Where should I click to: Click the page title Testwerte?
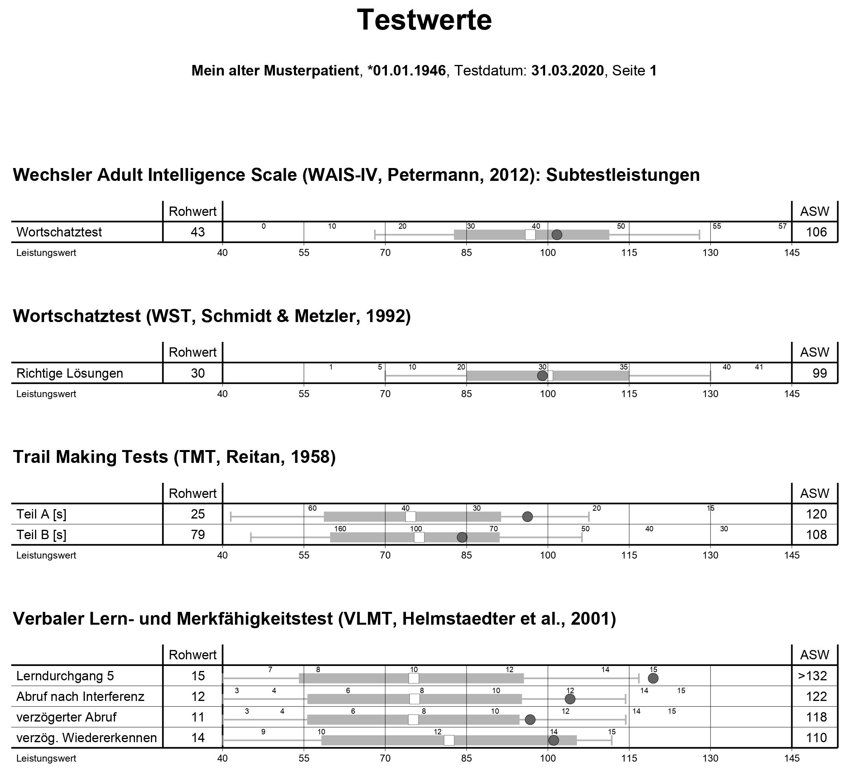coord(424,20)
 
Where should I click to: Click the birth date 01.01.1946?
coord(409,71)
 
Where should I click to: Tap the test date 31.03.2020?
coord(568,71)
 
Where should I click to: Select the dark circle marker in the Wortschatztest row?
coord(557,235)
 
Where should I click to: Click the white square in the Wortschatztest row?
coord(530,235)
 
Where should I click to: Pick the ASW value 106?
coord(816,232)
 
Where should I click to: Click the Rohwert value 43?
coord(198,232)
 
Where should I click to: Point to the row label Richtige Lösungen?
coord(70,373)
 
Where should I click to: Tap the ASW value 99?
coord(820,373)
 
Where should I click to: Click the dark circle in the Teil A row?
coord(527,517)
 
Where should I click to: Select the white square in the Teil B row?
coord(419,537)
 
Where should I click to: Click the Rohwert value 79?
coord(198,535)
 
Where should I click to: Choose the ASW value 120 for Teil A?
coord(816,514)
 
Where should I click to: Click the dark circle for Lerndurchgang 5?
coord(653,678)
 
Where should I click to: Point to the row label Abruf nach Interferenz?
coord(80,696)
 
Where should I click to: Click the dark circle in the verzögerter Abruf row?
coord(530,720)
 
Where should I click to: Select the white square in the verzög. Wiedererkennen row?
coord(449,740)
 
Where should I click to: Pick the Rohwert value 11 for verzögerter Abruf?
coord(198,717)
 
